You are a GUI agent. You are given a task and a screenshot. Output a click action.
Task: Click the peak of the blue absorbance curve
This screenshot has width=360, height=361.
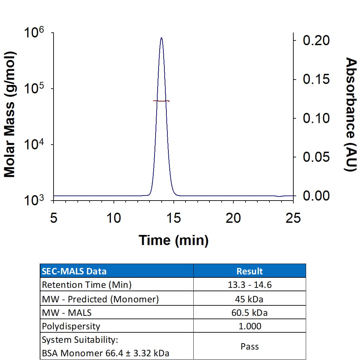pos(162,38)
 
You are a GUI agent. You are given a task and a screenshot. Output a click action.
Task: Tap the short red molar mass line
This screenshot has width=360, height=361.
pos(161,101)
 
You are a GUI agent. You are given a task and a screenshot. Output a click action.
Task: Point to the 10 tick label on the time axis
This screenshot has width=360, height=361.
pos(113,218)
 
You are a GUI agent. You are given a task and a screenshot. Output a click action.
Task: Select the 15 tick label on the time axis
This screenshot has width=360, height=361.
pos(173,218)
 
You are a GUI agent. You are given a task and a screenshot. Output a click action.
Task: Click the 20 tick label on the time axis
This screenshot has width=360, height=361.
pos(233,218)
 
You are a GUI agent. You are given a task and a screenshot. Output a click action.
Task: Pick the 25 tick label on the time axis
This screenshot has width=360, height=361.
pos(293,218)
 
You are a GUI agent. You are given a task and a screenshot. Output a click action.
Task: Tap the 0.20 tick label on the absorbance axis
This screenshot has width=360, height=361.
pos(316,40)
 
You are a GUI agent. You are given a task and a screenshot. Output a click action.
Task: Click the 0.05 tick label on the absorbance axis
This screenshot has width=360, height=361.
pos(316,157)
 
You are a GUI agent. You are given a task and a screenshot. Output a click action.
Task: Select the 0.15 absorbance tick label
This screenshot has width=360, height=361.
pos(316,80)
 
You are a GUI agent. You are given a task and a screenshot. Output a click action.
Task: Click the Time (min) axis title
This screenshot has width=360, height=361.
pos(173,240)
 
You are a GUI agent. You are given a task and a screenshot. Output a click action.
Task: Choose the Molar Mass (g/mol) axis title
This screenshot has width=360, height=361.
pos(10,115)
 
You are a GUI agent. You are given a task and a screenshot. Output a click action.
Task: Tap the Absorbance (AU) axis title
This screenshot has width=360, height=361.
pos(351,115)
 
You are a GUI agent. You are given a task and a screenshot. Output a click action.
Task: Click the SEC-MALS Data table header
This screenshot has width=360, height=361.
pos(74,271)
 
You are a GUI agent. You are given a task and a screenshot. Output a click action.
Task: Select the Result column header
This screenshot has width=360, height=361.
pos(250,271)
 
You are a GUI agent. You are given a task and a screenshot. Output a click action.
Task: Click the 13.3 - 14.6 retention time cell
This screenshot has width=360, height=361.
pos(250,285)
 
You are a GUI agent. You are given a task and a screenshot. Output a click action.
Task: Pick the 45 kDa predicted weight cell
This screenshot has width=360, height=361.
pos(250,299)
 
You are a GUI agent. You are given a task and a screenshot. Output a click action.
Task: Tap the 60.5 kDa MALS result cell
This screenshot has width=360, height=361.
pos(250,313)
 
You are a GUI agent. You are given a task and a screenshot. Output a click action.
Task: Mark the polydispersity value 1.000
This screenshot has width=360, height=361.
pos(250,326)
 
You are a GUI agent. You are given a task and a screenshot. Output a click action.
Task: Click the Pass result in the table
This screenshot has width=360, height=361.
pos(250,347)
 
